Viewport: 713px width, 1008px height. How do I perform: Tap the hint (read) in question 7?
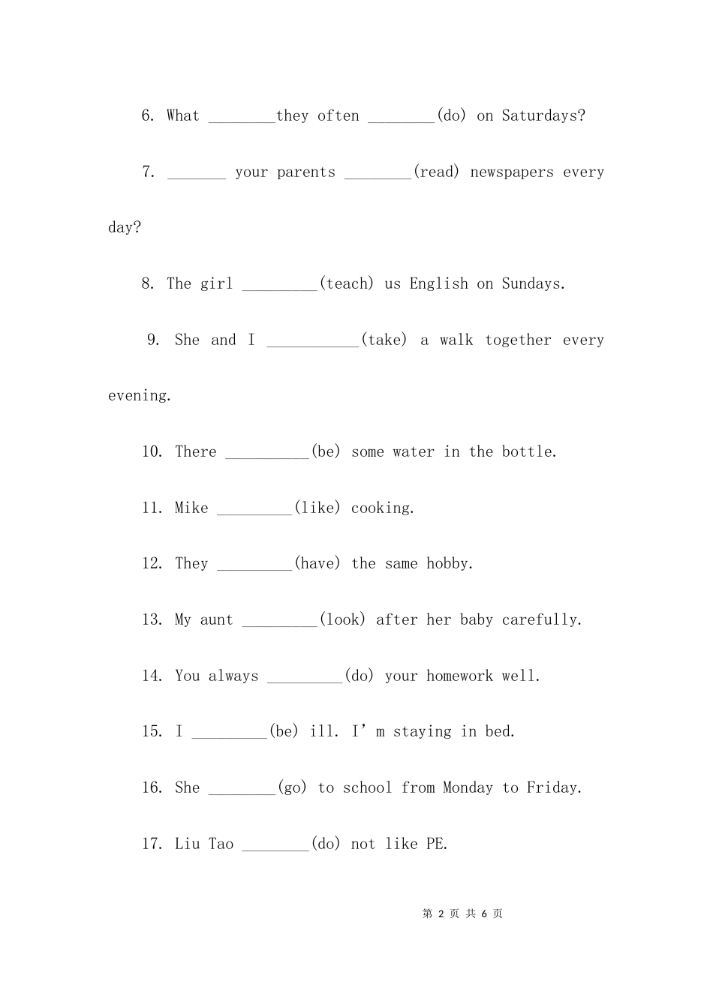pyautogui.click(x=436, y=172)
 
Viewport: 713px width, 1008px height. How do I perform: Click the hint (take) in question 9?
pyautogui.click(x=384, y=340)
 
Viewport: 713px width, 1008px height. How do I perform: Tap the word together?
pyautogui.click(x=518, y=340)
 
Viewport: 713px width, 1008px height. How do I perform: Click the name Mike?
pyautogui.click(x=191, y=508)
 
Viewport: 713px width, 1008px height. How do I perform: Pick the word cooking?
pyautogui.click(x=381, y=508)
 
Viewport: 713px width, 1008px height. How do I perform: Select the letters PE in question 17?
pyautogui.click(x=435, y=844)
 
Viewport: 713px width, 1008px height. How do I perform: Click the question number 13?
pyautogui.click(x=152, y=619)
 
